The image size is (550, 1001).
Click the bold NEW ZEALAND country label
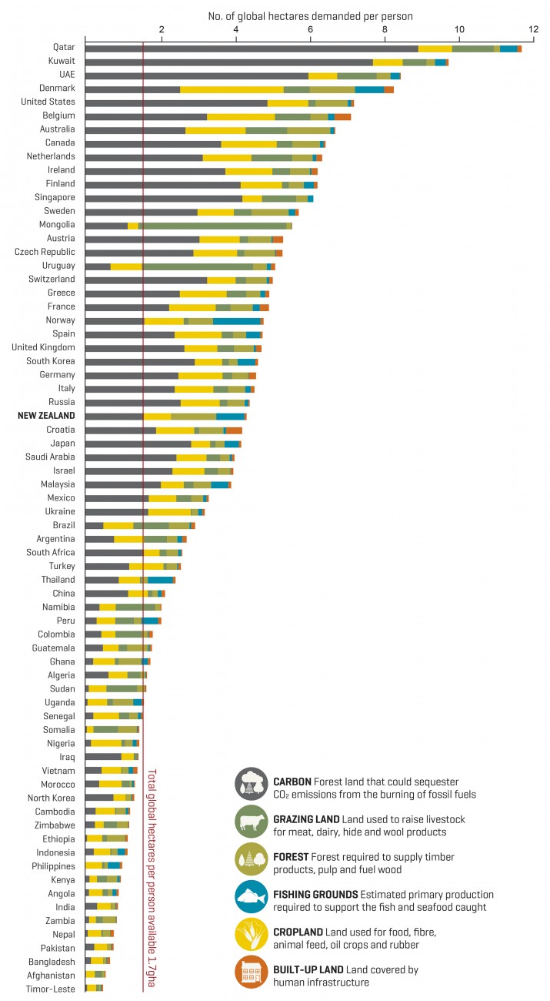click(46, 416)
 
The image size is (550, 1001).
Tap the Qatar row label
click(63, 46)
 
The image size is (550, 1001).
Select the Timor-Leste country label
click(52, 988)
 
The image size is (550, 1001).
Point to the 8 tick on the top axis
click(385, 30)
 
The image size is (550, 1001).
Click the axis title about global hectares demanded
click(310, 15)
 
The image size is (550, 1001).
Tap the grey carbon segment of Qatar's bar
click(251, 49)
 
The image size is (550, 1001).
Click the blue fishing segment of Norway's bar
click(236, 321)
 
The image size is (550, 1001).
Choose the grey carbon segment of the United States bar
click(176, 103)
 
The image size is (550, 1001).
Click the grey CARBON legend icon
click(251, 782)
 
